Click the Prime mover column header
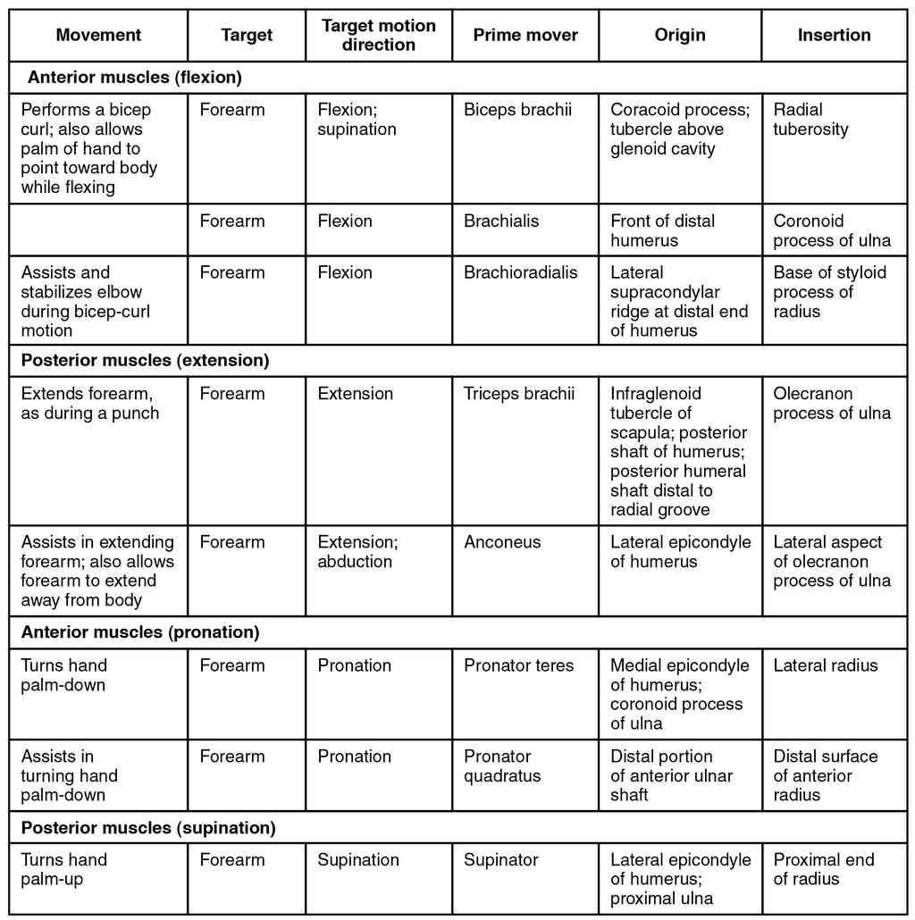tap(525, 36)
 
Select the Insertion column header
tap(834, 36)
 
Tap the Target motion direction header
tap(378, 36)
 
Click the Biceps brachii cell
tap(517, 111)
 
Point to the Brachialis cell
tap(501, 222)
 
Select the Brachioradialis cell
tap(520, 273)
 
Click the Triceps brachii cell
tap(518, 394)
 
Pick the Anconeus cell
tap(502, 542)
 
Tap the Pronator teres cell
tap(518, 665)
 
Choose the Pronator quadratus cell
tap(502, 766)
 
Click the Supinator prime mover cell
tap(500, 860)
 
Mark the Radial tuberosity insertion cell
tap(810, 120)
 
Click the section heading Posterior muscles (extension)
tap(145, 362)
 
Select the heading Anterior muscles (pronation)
tap(140, 633)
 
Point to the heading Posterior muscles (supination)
tap(148, 828)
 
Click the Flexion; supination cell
tap(357, 120)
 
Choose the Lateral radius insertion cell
tap(825, 665)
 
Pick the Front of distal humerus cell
tap(662, 230)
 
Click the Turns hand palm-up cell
tap(63, 869)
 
